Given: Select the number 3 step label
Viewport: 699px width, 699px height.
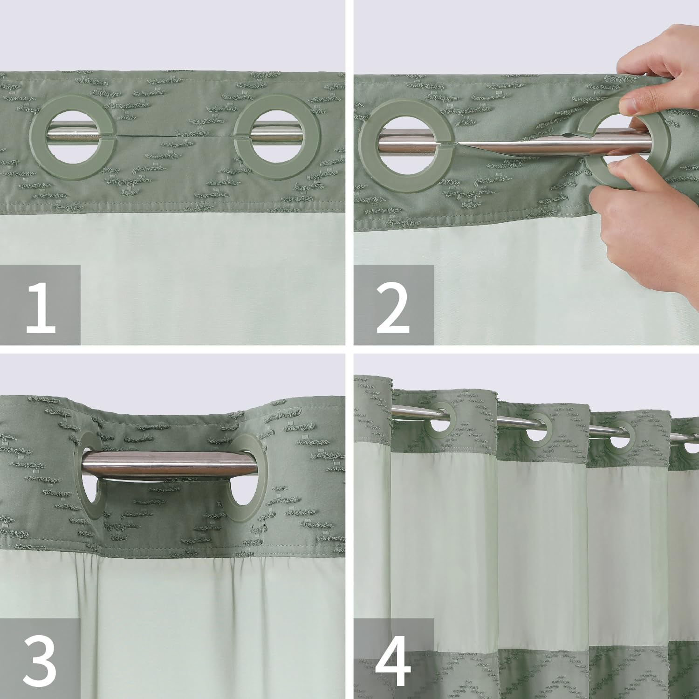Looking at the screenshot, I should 41,659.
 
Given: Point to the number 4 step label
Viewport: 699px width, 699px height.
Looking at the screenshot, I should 394,659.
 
